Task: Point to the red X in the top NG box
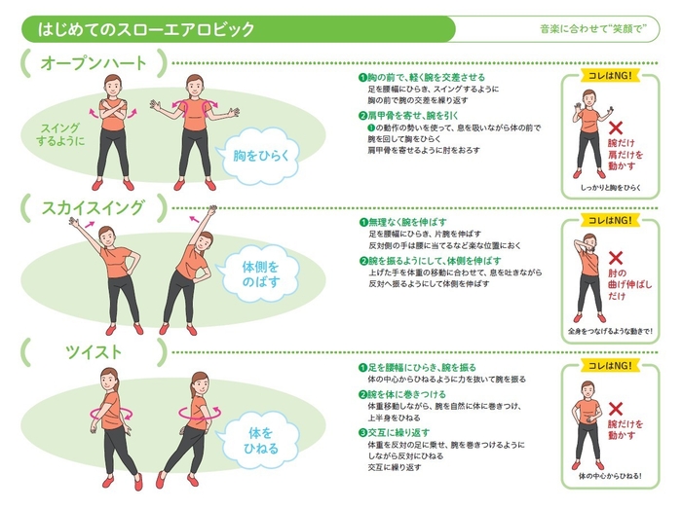click(x=616, y=128)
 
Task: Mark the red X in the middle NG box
click(x=616, y=258)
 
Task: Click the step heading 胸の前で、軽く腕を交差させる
click(x=422, y=76)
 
